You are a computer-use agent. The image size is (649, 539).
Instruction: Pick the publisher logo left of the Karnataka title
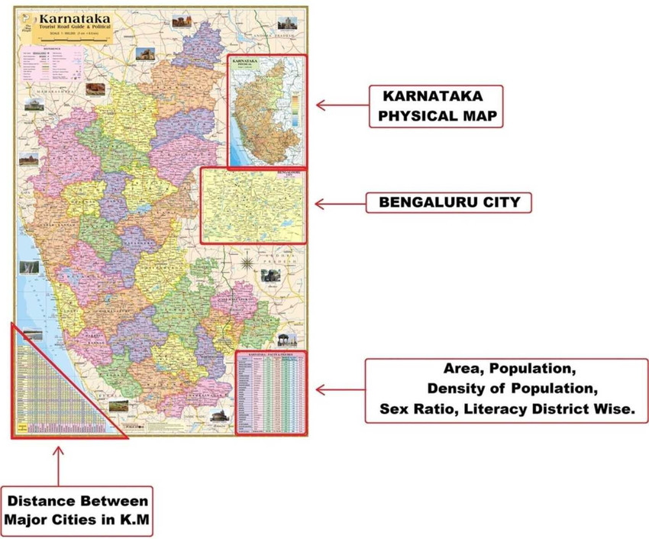[28, 22]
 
